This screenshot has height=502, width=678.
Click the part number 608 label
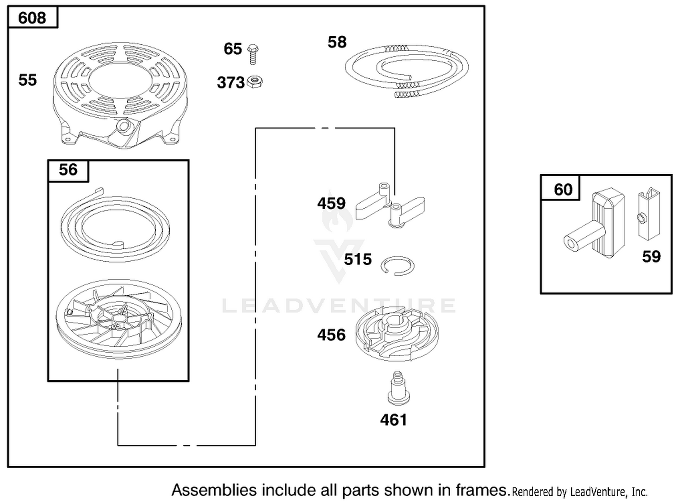pos(32,18)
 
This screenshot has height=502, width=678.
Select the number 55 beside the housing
pos(28,80)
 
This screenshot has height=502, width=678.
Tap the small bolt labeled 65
pos(253,54)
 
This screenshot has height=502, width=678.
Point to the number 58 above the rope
pos(337,42)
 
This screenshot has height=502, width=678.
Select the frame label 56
pos(68,170)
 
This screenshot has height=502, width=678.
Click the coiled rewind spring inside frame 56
pos(115,226)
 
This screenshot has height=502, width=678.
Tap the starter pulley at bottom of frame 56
pos(118,319)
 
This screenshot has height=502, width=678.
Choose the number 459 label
pos(331,203)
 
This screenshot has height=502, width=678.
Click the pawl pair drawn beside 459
pos(390,206)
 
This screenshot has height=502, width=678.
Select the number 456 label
pos(331,335)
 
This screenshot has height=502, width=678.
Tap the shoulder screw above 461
pos(399,388)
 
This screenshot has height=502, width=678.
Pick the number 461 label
pos(394,420)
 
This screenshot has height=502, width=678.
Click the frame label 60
pos(563,190)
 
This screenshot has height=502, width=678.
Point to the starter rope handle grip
pos(593,223)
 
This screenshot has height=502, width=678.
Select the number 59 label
pos(651,257)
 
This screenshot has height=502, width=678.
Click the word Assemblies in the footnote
pos(214,490)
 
